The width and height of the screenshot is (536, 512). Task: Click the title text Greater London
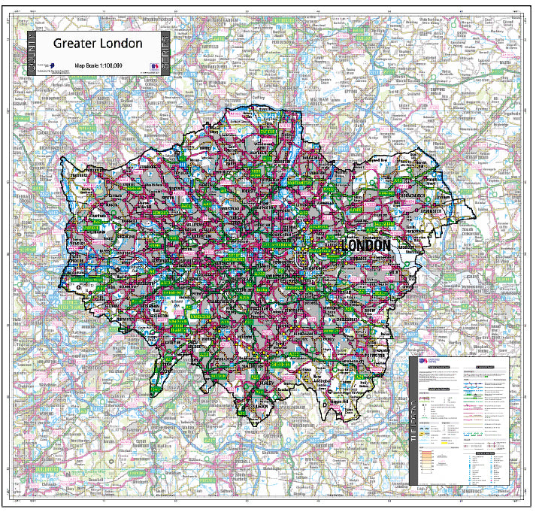(97, 44)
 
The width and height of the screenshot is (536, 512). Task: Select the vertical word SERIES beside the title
(165, 53)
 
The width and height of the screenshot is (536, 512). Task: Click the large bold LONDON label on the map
(366, 247)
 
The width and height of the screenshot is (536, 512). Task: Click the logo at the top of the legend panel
(423, 362)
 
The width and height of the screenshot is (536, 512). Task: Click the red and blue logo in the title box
(155, 66)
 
